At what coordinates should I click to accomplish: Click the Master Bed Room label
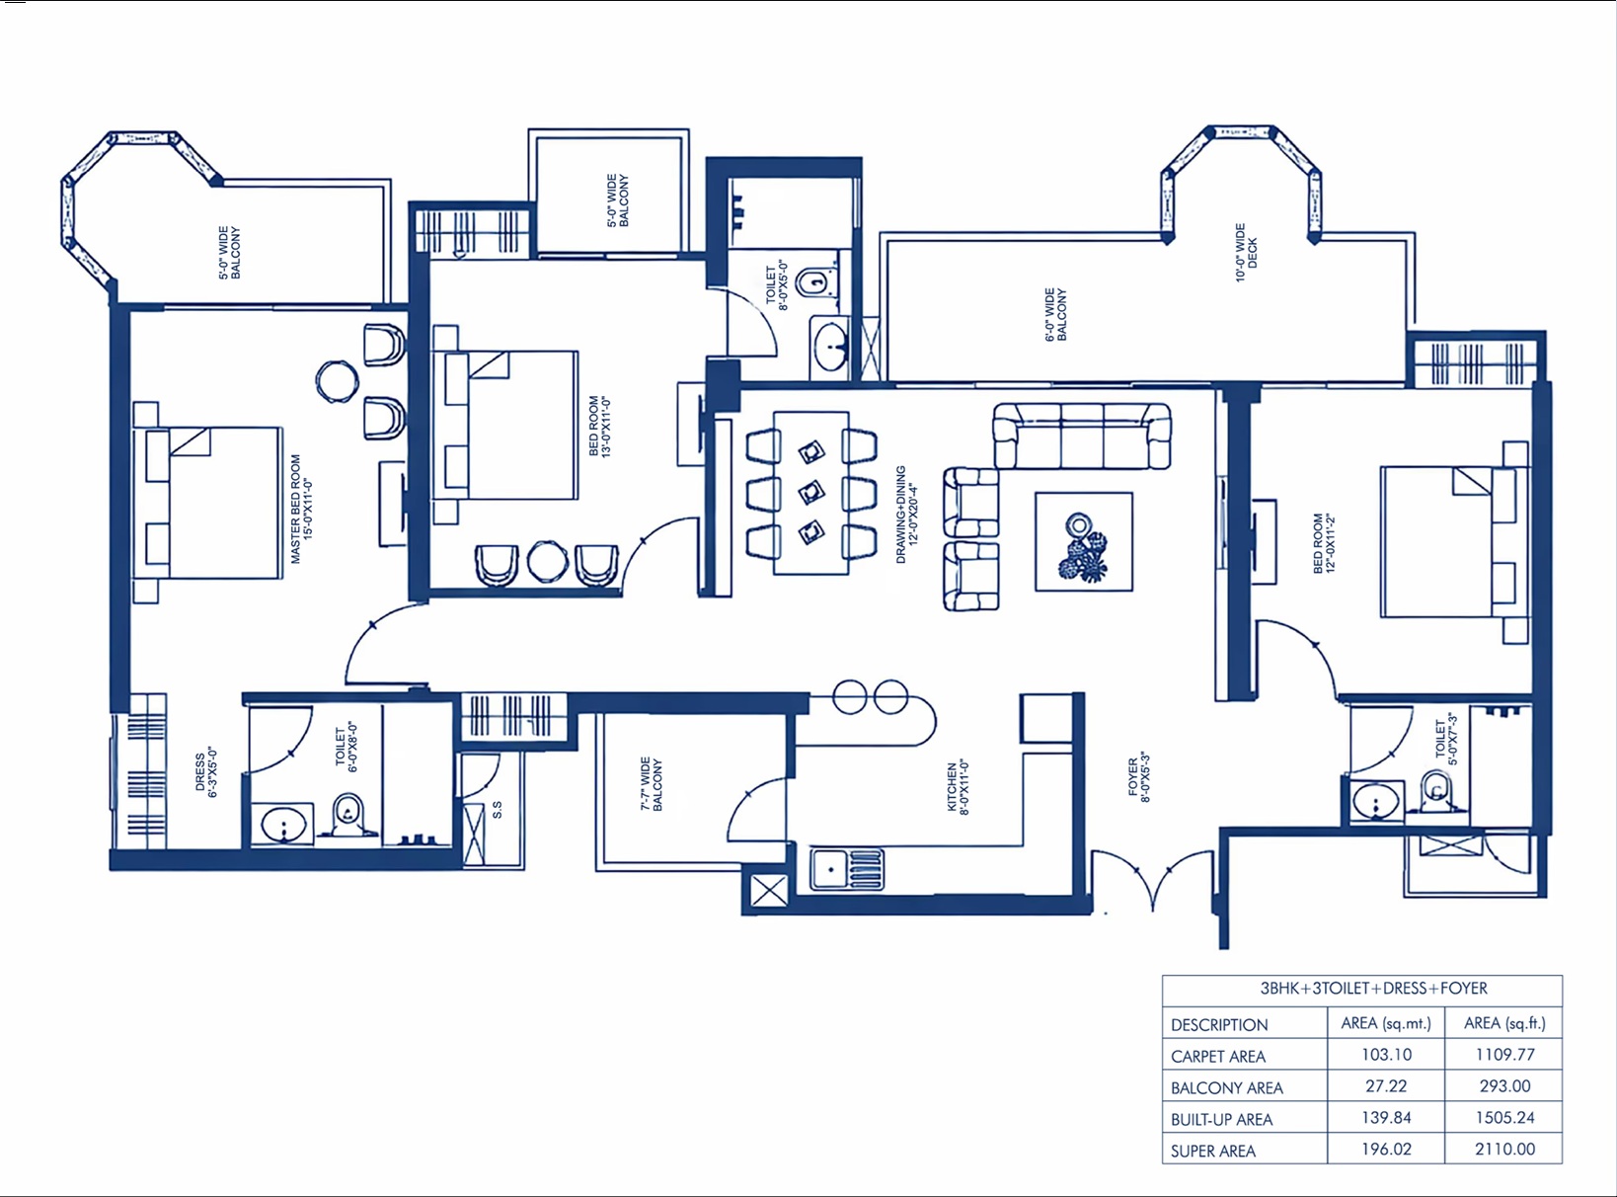[x=301, y=510]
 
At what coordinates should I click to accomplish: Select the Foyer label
[x=1139, y=777]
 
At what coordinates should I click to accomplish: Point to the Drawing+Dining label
[x=907, y=515]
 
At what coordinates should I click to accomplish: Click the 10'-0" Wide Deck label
[x=1246, y=253]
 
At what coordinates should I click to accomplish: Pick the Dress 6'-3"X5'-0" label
[x=206, y=771]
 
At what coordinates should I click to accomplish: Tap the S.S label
[x=498, y=810]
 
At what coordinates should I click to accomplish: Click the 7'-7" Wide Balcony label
[x=651, y=784]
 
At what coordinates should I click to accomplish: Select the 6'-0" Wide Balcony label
[x=1055, y=314]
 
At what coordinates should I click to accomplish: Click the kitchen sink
[x=846, y=869]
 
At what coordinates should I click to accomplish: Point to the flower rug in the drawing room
[x=1084, y=542]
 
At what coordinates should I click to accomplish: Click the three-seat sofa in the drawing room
[x=1082, y=436]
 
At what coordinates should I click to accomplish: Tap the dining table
[x=811, y=493]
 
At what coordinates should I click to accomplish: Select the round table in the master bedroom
[x=338, y=381]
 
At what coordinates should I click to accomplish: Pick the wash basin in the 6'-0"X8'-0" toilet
[x=283, y=825]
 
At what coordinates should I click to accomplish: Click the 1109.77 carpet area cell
[x=1504, y=1054]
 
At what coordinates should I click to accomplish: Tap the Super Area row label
[x=1213, y=1151]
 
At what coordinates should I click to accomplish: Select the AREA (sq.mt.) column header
[x=1386, y=1023]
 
